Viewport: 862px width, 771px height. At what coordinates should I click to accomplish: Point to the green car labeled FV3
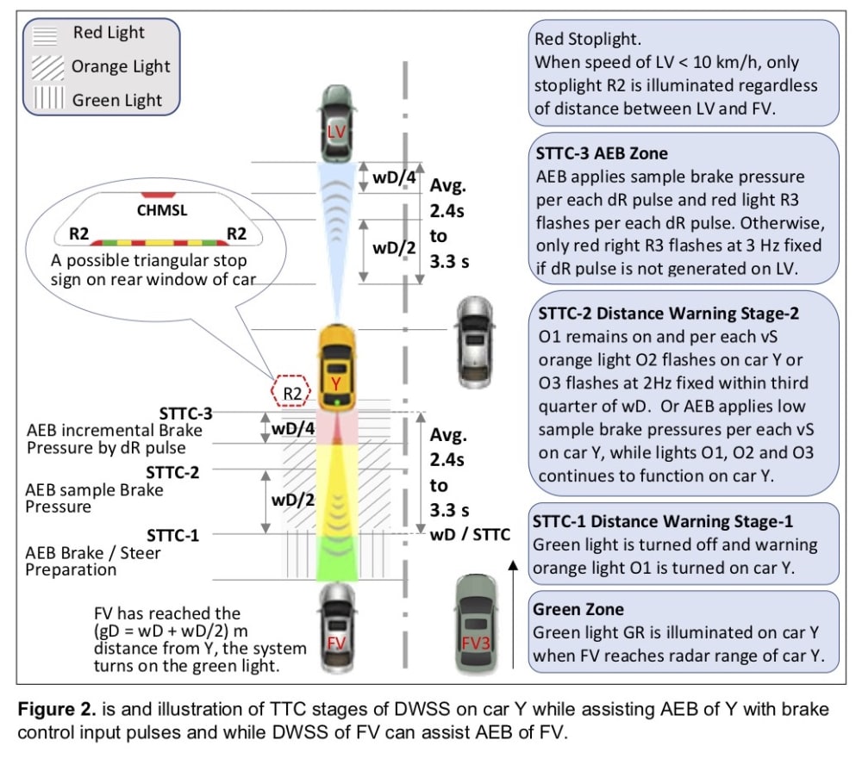[x=476, y=620]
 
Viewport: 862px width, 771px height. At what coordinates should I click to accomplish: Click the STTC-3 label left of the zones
[x=185, y=413]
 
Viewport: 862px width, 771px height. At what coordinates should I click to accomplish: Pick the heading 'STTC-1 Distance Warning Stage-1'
[x=663, y=521]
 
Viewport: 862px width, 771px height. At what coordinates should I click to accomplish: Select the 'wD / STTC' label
[x=469, y=534]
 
